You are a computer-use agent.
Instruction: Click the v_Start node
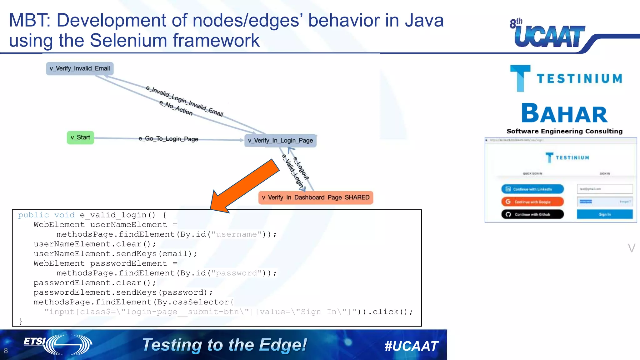[x=80, y=137]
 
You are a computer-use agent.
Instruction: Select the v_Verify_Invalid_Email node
[x=80, y=68]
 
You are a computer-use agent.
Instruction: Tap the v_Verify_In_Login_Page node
[x=280, y=141]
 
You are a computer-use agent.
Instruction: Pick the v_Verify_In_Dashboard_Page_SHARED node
[x=316, y=197]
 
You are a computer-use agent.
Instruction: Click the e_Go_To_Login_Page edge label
[x=168, y=139]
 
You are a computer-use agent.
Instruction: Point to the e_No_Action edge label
[x=176, y=108]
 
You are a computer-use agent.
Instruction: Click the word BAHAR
[x=564, y=114]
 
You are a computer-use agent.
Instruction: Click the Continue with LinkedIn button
[x=532, y=189]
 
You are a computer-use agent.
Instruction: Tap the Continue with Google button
[x=532, y=202]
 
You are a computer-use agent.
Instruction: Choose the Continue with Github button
[x=532, y=214]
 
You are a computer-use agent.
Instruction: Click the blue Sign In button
[x=605, y=214]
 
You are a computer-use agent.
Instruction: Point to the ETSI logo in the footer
[x=58, y=344]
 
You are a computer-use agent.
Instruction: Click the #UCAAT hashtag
[x=411, y=346]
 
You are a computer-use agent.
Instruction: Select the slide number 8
[x=6, y=351]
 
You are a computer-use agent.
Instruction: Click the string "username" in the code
[x=236, y=234]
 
